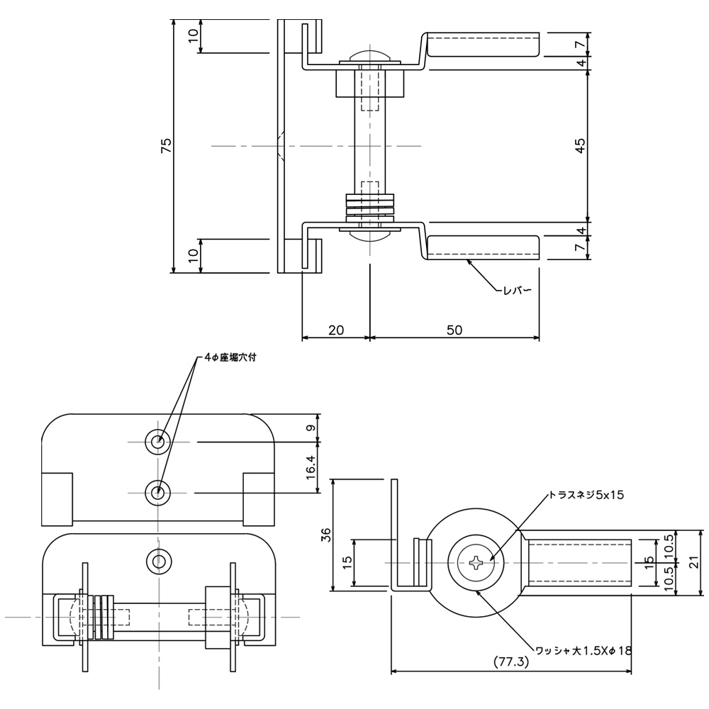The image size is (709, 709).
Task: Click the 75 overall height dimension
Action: (x=166, y=146)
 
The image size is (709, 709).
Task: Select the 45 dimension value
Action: (x=580, y=146)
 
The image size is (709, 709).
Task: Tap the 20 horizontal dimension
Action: (x=336, y=330)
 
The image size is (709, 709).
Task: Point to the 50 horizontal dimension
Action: (x=454, y=330)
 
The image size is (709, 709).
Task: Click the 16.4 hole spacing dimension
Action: (x=311, y=467)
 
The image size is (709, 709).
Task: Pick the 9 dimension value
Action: (x=311, y=428)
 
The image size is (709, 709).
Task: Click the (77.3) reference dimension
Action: (x=512, y=662)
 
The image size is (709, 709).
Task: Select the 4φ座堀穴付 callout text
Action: (x=230, y=358)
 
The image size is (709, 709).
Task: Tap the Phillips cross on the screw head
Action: (x=476, y=564)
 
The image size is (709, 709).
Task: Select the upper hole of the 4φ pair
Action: (x=157, y=442)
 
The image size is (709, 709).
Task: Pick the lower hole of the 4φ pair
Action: (x=157, y=492)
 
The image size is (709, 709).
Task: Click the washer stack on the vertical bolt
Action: (x=369, y=205)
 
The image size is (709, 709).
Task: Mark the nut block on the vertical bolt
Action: (x=369, y=83)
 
